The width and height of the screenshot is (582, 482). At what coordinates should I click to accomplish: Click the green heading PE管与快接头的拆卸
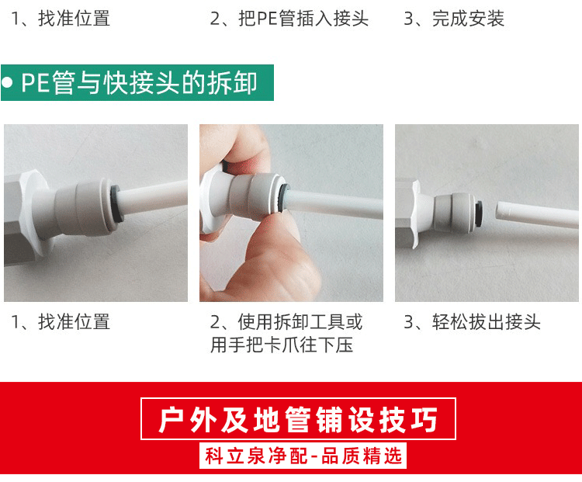[x=139, y=83]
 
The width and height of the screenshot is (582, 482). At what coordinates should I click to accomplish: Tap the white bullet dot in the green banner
[x=6, y=83]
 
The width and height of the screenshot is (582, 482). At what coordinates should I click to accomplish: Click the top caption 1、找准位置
[x=61, y=19]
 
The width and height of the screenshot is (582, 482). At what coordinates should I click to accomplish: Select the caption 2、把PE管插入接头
[x=289, y=19]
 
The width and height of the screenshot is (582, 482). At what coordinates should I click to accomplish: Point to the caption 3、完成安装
[x=454, y=19]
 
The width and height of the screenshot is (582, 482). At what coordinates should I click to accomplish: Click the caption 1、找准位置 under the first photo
[x=61, y=321]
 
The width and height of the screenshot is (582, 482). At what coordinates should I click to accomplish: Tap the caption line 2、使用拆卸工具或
[x=286, y=321]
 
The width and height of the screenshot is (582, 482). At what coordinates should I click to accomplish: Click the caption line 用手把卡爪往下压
[x=282, y=345]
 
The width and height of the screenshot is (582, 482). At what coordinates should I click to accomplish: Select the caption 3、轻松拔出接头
[x=472, y=321]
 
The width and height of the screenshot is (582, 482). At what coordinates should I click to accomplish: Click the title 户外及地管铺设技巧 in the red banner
[x=298, y=420]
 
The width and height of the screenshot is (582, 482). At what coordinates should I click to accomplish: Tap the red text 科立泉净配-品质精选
[x=303, y=456]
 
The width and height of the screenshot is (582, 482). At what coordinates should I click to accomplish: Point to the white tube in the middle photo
[x=334, y=205]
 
